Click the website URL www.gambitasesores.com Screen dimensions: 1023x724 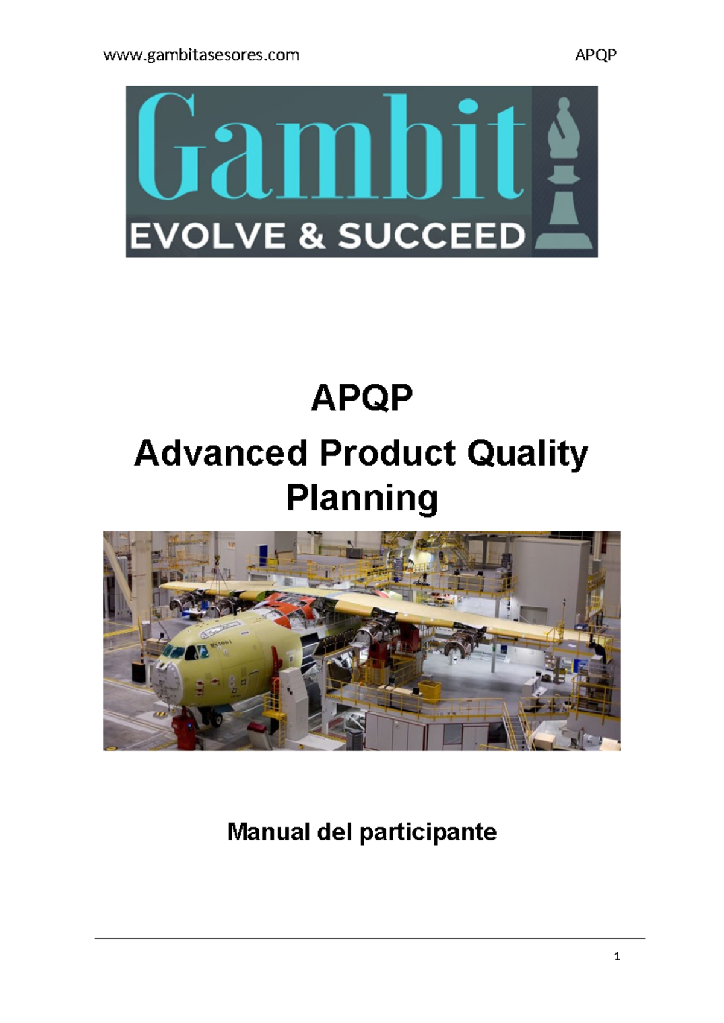[x=201, y=55]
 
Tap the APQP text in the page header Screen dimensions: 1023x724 [x=595, y=55]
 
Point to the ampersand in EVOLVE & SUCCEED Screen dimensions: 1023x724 [x=311, y=236]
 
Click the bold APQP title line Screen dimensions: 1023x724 [x=362, y=399]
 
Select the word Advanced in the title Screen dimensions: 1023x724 [x=221, y=454]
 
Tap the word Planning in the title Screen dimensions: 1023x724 [x=362, y=499]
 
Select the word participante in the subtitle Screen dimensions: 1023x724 [x=428, y=833]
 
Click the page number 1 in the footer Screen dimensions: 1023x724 [x=617, y=956]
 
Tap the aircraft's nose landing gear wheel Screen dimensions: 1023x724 [x=215, y=718]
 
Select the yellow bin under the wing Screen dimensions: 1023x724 [x=429, y=689]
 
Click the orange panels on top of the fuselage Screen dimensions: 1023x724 [x=290, y=605]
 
